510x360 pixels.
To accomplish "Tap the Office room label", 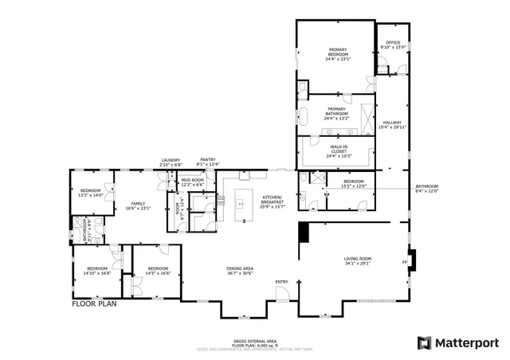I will tap(393, 43).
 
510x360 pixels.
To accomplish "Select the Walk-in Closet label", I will tap(337, 147).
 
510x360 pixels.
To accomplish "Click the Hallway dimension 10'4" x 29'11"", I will tap(392, 127).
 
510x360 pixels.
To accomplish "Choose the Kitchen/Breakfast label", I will tap(273, 198).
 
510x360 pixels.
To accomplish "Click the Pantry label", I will tap(208, 159).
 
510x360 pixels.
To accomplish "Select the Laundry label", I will tap(171, 159).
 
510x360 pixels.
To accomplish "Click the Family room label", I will tap(138, 204).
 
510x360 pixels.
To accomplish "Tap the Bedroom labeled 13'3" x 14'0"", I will tap(91, 190).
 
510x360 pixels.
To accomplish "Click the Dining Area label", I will tap(240, 268).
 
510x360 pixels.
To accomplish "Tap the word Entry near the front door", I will tap(282, 282).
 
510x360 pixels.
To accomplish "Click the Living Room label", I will tap(358, 258).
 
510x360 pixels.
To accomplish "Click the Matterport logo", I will tap(458, 342).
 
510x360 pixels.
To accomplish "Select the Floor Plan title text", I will tap(94, 303).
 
